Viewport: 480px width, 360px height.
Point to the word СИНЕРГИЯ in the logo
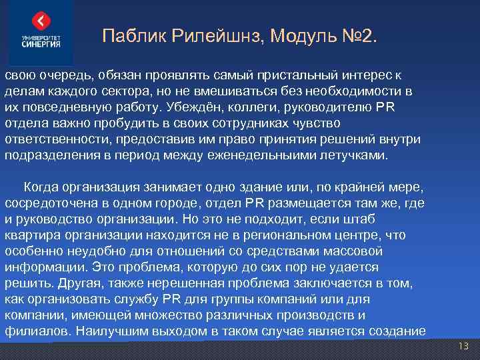pyautogui.click(x=41, y=45)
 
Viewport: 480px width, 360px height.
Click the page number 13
pyautogui.click(x=464, y=347)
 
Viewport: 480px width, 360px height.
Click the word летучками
pyautogui.click(x=358, y=155)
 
